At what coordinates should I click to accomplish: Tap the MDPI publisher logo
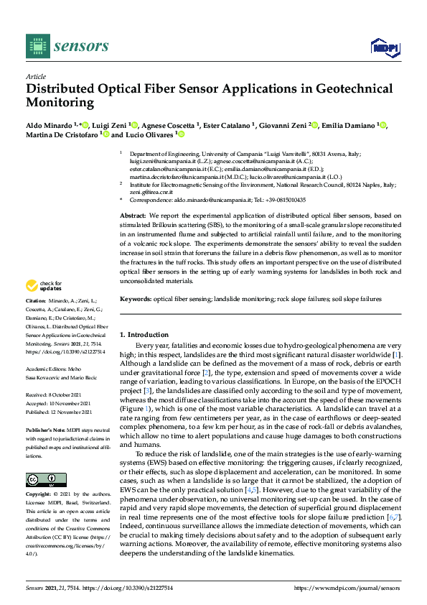384,47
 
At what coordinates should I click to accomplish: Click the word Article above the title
35,76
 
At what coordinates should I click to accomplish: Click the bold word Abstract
132,216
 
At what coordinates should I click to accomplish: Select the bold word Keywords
136,297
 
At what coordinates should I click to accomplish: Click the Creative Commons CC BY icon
41,480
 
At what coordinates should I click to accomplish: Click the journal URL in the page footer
347,588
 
